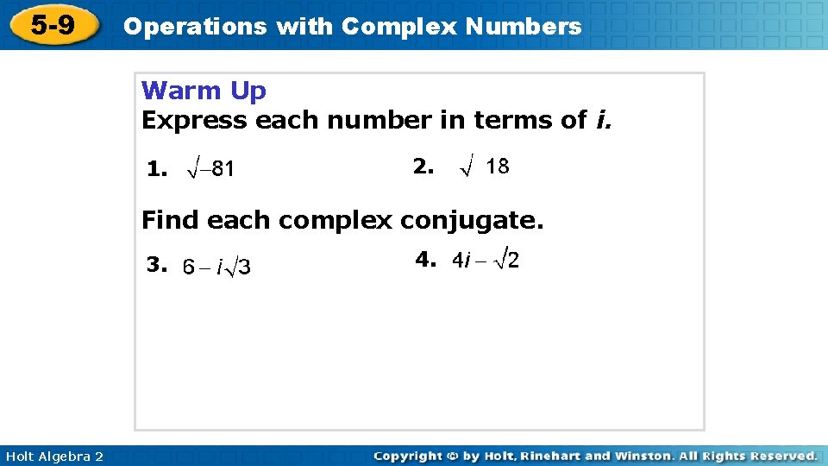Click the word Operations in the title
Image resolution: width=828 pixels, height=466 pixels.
tap(195, 26)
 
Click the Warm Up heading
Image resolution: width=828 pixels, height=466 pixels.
tap(204, 91)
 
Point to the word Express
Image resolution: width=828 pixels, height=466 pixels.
tap(195, 120)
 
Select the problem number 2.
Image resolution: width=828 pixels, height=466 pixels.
tap(423, 167)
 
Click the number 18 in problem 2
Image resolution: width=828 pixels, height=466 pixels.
tap(498, 167)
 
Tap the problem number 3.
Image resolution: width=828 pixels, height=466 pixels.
tap(155, 265)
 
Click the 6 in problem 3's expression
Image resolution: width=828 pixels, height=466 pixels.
tap(188, 268)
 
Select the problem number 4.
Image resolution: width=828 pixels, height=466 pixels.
tap(425, 259)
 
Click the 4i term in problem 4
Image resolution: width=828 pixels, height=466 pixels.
tap(461, 261)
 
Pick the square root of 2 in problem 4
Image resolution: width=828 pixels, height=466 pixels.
tap(507, 260)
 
